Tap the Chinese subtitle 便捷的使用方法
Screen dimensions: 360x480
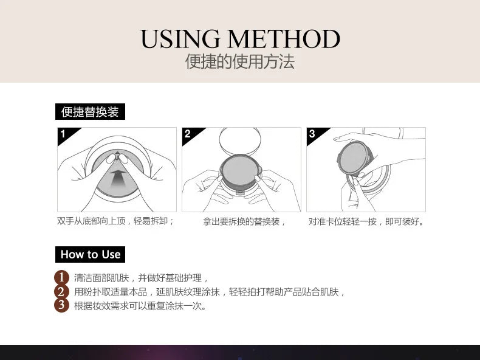(x=240, y=62)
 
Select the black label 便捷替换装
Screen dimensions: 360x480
(x=90, y=112)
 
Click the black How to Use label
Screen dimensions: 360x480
(x=90, y=254)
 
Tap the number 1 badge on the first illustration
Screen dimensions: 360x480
(x=63, y=134)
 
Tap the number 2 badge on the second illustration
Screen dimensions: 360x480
(x=188, y=134)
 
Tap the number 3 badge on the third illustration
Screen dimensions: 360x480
(x=312, y=134)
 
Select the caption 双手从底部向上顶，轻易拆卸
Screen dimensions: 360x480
(x=116, y=221)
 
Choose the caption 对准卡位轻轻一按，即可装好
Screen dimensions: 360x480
(x=366, y=221)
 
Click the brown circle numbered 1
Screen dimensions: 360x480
(x=61, y=277)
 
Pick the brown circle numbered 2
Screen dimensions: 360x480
(x=61, y=291)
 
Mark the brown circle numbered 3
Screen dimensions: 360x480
(x=61, y=305)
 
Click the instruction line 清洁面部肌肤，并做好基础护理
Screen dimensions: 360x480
(x=142, y=278)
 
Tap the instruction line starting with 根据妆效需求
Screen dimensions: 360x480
(x=140, y=306)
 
